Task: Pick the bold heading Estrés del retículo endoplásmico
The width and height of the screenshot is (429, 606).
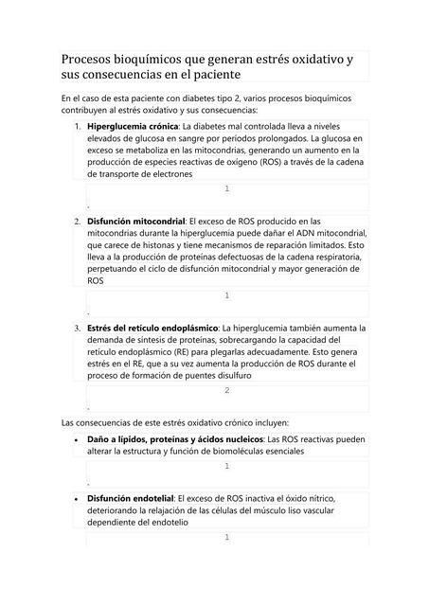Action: (152, 328)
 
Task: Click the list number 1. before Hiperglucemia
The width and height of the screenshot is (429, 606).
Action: (78, 126)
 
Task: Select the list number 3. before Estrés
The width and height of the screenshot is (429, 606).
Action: (78, 328)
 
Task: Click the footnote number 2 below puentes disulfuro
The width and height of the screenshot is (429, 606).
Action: (226, 391)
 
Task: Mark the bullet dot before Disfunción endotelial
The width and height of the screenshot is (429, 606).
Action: (75, 498)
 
